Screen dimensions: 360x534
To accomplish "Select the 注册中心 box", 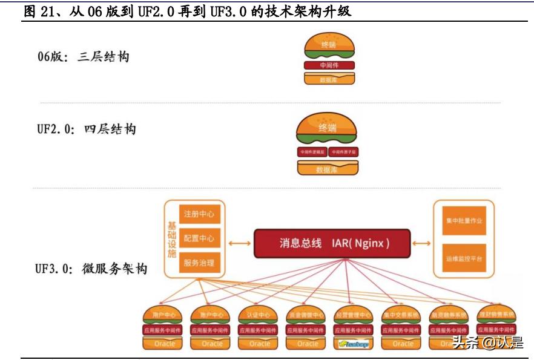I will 199,214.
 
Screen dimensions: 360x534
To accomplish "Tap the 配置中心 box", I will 199,238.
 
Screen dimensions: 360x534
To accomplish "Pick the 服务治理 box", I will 199,263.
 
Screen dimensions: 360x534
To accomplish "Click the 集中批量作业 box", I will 463,221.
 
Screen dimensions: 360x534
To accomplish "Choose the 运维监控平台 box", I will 463,258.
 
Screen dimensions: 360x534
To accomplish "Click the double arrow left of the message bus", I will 240,243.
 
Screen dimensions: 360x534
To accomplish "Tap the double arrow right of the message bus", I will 422,243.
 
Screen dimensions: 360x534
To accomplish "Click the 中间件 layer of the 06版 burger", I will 329,65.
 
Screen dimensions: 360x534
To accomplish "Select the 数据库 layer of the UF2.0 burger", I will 328,169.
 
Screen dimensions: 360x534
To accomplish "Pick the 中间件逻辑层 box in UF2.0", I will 312,152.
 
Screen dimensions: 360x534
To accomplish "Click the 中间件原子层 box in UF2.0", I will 343,152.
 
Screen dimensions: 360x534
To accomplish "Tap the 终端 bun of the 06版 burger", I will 329,44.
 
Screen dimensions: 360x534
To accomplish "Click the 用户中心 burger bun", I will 163,315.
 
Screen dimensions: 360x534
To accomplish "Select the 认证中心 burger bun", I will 259,315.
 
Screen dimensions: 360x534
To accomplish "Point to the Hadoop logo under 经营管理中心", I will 355,344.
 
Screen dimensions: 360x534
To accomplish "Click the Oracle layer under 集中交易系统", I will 403,344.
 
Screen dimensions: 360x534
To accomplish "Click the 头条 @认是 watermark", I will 487,343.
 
